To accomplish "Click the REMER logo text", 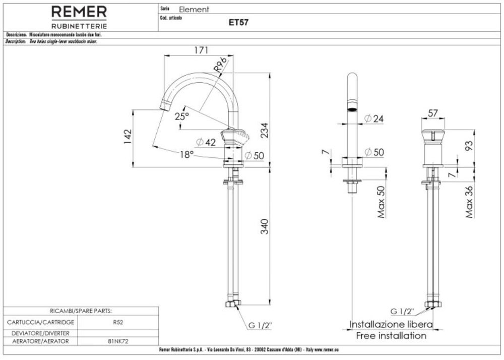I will point(80,12).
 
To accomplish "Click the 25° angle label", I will point(181,116).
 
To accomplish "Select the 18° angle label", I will point(185,155).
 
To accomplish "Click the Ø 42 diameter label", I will point(206,143).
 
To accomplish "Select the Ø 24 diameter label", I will point(373,118).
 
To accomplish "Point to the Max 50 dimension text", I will point(381,202).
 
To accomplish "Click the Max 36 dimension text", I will point(469,202).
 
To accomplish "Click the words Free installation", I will point(391,336).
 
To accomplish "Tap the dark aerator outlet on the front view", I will point(352,108).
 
